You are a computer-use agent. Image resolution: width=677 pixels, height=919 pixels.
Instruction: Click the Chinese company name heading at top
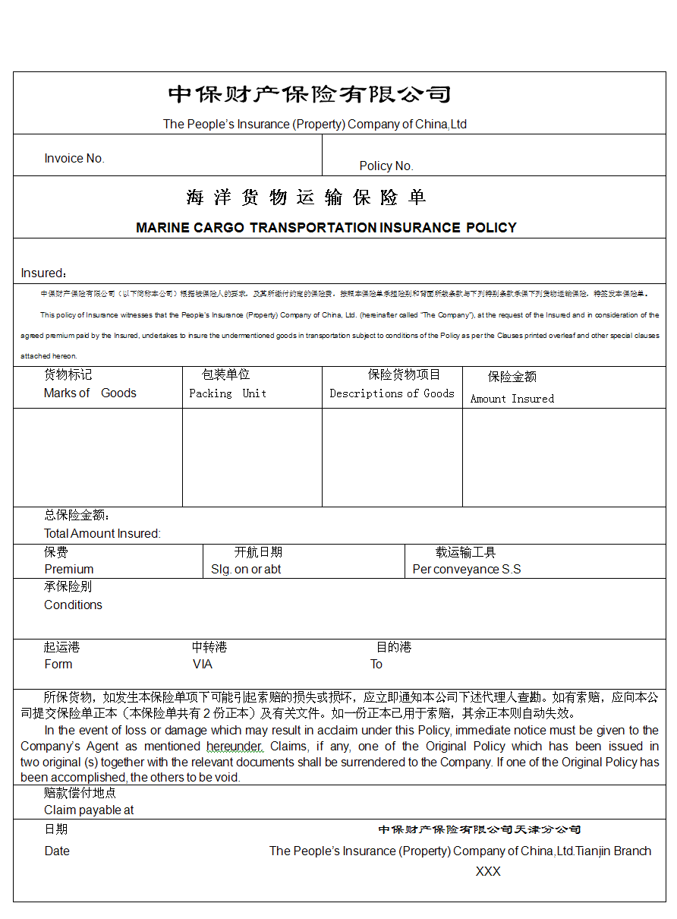click(x=310, y=95)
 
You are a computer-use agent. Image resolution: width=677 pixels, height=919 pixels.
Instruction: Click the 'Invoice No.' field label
click(x=74, y=159)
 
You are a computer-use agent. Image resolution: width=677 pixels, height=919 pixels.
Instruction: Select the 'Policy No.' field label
click(x=386, y=166)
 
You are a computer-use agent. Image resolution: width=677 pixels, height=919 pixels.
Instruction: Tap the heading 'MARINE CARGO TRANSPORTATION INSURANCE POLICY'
click(x=326, y=228)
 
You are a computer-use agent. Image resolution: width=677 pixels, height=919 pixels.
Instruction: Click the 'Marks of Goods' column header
click(x=90, y=393)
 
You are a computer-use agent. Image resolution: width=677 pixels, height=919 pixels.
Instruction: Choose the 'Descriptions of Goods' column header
click(x=392, y=393)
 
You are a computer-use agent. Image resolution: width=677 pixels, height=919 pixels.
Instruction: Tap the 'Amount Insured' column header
click(x=512, y=399)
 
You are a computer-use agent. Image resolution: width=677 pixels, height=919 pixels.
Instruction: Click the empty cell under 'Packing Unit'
click(x=252, y=457)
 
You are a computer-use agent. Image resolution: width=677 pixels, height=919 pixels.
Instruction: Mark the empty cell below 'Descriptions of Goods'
click(x=392, y=457)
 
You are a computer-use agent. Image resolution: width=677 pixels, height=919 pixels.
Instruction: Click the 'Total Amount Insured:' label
click(x=102, y=534)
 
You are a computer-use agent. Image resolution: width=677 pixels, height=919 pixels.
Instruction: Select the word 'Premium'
click(x=69, y=570)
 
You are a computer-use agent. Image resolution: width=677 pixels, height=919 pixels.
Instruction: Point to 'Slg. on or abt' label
click(x=246, y=570)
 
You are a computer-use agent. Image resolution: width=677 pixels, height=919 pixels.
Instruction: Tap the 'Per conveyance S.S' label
click(x=467, y=570)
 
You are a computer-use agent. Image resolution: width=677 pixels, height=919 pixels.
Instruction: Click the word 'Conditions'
click(x=73, y=605)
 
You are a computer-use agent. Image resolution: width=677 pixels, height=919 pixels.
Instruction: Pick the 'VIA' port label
click(x=203, y=665)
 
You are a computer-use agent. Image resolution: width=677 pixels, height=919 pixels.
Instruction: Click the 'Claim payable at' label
click(x=89, y=810)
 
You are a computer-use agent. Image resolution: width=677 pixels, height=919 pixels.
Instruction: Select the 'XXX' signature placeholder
click(x=488, y=872)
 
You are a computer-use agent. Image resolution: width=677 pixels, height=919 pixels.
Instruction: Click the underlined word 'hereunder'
click(x=235, y=747)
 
